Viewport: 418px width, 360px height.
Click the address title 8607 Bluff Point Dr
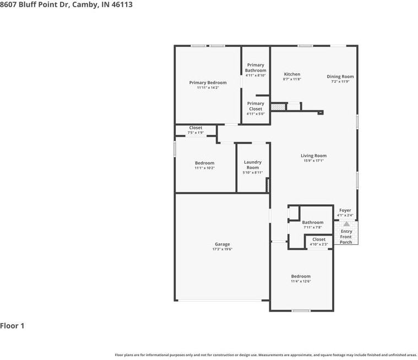coord(66,4)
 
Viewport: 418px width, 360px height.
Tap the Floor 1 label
coord(12,326)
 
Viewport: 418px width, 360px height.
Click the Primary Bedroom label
coord(208,83)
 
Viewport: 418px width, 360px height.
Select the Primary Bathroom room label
coord(256,68)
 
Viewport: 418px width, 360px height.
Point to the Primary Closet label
coord(256,106)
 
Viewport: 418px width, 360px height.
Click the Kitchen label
coord(292,74)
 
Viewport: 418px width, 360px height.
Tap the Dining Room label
coord(340,77)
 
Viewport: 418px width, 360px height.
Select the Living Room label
coord(313,156)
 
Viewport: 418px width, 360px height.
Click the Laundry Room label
coord(253,165)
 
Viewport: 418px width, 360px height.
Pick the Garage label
coord(222,244)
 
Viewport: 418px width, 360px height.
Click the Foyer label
coord(345,210)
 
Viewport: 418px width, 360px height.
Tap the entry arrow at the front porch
coord(346,224)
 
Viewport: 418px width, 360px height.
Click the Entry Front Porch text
coord(346,237)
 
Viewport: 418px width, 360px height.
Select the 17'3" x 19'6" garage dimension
coord(222,249)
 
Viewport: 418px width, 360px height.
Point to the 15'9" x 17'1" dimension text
coord(313,161)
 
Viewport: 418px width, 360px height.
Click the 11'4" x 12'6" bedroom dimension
coord(301,281)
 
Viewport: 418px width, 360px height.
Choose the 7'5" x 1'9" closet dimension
coord(196,133)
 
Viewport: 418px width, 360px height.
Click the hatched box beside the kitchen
coord(278,107)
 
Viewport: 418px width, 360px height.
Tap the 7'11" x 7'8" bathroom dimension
coord(312,227)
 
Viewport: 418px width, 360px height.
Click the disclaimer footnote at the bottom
coord(265,355)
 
